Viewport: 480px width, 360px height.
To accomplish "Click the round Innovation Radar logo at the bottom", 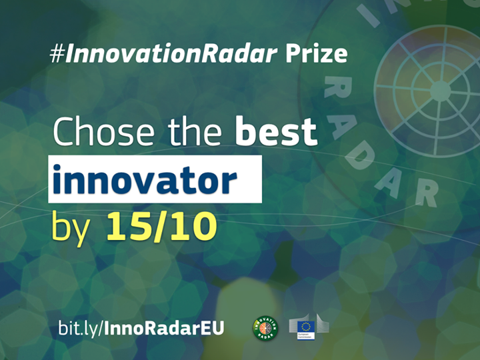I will [x=265, y=327].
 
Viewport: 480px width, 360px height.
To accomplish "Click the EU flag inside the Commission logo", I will [x=307, y=327].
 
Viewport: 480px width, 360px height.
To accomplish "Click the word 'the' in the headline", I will [x=193, y=132].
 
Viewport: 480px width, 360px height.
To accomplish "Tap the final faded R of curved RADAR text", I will [x=425, y=191].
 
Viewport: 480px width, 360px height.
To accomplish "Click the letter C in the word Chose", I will [x=65, y=132].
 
